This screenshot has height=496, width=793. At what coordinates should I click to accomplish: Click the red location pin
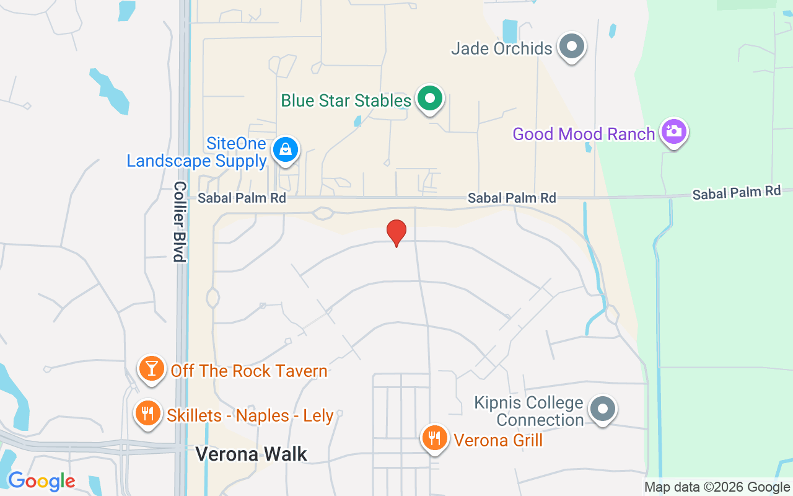click(x=396, y=232)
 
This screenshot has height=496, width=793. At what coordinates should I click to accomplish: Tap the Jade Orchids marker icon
click(x=571, y=46)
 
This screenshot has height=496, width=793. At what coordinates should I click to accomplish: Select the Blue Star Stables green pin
click(x=429, y=99)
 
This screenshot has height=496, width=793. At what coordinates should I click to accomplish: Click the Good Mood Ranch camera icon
click(x=673, y=132)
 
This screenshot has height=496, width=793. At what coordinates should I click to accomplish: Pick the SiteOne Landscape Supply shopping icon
click(x=285, y=150)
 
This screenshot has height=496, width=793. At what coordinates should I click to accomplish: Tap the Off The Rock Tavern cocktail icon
click(x=151, y=368)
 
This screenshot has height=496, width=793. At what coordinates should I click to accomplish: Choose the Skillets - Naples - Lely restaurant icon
click(x=147, y=413)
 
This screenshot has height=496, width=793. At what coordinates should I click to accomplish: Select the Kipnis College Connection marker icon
click(x=602, y=409)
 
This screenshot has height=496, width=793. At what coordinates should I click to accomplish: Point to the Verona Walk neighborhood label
click(x=251, y=454)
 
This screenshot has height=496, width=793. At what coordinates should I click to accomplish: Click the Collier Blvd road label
click(x=180, y=221)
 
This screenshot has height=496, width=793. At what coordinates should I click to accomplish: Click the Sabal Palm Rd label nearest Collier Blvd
click(x=242, y=198)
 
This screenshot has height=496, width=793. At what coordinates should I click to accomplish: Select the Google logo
click(x=42, y=481)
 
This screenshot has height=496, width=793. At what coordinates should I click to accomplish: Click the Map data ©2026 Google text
click(x=717, y=487)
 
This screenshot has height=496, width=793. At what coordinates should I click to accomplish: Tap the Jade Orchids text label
click(x=501, y=48)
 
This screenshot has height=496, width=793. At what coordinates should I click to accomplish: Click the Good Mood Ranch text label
click(x=584, y=134)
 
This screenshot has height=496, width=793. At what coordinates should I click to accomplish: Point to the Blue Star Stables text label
click(x=346, y=100)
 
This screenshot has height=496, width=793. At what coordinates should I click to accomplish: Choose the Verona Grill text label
click(x=498, y=440)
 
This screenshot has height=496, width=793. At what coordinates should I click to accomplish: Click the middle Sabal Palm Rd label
click(x=512, y=198)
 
